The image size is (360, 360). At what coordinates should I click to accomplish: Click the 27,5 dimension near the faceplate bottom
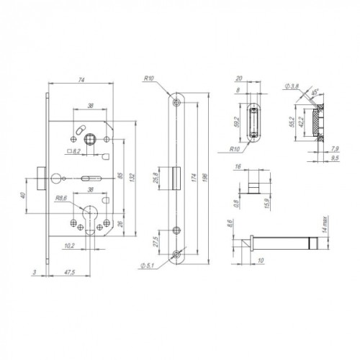pos(156,240)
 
